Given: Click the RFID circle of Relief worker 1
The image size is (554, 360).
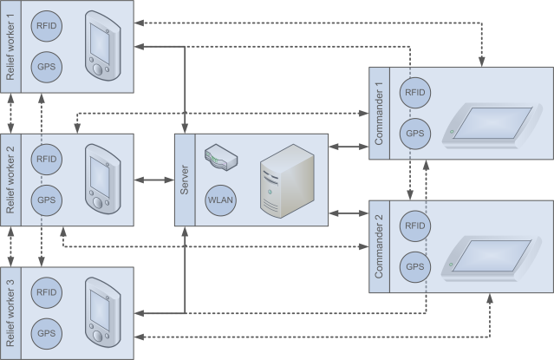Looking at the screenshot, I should coord(45,26).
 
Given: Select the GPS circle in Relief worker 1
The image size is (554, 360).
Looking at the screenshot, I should coord(45,66).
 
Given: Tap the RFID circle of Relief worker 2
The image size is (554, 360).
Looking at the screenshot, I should coord(45,159).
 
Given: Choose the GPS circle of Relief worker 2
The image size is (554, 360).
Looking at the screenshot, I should coord(45,199).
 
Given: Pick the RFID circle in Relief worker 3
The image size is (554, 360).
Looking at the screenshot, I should coord(45,291).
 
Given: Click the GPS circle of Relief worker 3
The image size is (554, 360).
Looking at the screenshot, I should coord(45,331).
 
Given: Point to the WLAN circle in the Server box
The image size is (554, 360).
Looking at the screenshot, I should coord(219,199).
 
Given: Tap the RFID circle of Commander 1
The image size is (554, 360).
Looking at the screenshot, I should coord(416,92).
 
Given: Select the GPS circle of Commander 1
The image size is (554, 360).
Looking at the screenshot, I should coord(416,133).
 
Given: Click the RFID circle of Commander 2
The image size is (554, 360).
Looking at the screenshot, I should coord(416,226).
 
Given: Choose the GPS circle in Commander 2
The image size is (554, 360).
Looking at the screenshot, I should coord(416,265).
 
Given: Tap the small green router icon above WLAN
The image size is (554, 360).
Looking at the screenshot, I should coord(219,158).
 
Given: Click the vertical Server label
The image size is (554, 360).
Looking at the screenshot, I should coord(184,180).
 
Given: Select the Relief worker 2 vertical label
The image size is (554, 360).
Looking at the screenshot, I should coord(10,180).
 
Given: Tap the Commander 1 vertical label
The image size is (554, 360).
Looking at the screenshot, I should coord(379,113).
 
